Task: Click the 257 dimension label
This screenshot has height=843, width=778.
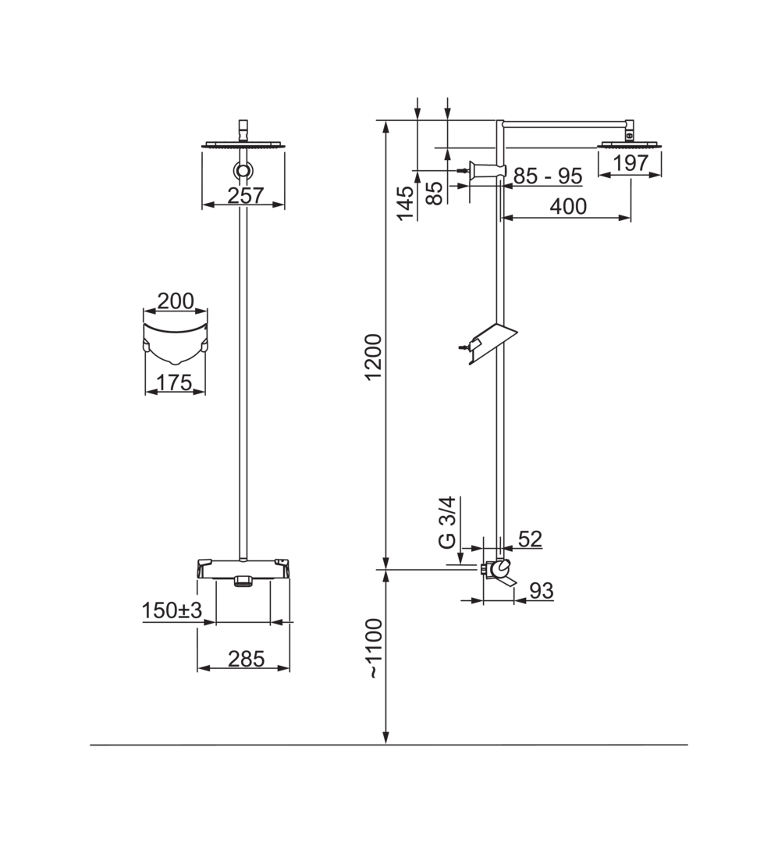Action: [246, 195]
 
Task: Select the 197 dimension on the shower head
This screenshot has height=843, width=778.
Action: [631, 162]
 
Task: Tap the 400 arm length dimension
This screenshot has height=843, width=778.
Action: [568, 206]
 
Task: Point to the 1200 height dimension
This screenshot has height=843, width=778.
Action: [373, 357]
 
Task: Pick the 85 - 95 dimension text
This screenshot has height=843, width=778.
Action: [548, 176]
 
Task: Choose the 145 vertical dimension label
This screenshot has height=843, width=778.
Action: [406, 203]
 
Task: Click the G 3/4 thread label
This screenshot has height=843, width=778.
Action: [447, 522]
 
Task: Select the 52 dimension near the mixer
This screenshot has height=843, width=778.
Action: [530, 539]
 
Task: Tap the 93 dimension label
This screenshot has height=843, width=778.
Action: [542, 590]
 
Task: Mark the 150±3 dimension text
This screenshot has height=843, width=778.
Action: [172, 610]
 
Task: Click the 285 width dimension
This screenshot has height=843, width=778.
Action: [247, 659]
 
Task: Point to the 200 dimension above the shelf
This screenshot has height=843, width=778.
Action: [176, 301]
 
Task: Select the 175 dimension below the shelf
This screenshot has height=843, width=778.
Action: [175, 382]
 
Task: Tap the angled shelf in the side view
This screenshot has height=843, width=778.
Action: [492, 342]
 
